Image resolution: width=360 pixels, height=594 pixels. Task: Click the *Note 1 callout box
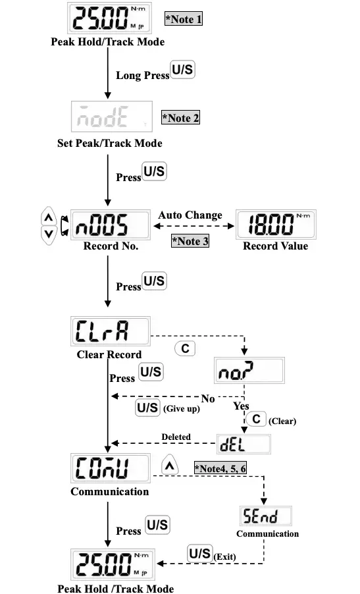(183, 18)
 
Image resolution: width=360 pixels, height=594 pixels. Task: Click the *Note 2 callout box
(180, 119)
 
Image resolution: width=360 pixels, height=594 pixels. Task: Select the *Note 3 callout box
(190, 241)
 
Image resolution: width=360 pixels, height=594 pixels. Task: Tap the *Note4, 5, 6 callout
(220, 468)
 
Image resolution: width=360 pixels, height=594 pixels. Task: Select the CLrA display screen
(110, 333)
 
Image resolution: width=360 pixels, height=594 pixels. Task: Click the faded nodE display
(111, 117)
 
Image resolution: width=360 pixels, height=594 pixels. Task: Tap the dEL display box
(244, 443)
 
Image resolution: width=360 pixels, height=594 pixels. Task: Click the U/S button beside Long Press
(182, 69)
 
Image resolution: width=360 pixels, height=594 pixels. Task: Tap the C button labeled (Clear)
(255, 419)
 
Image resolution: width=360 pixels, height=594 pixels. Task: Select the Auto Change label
(190, 215)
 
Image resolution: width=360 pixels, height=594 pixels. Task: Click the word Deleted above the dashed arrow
(176, 437)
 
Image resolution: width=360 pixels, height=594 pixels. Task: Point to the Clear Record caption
(109, 354)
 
